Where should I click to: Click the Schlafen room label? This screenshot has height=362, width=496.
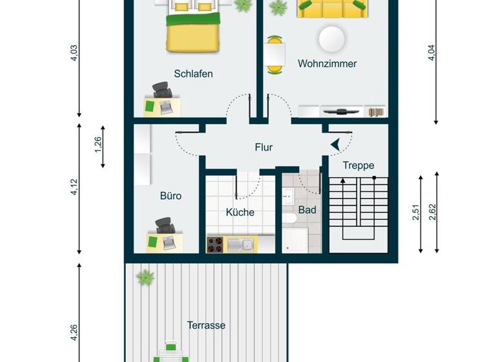pyautogui.click(x=193, y=74)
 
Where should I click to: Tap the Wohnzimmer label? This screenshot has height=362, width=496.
pyautogui.click(x=327, y=64)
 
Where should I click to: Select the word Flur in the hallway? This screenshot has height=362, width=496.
pyautogui.click(x=263, y=147)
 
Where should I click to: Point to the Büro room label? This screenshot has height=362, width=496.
pyautogui.click(x=170, y=195)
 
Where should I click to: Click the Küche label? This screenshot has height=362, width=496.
pyautogui.click(x=240, y=212)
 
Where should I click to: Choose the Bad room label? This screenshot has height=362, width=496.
pyautogui.click(x=307, y=210)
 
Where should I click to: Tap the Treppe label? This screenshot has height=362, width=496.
pyautogui.click(x=358, y=165)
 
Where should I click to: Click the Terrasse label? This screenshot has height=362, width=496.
pyautogui.click(x=206, y=325)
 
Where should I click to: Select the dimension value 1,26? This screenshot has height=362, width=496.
pyautogui.click(x=98, y=147)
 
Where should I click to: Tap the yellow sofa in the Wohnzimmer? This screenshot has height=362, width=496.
pyautogui.click(x=331, y=8)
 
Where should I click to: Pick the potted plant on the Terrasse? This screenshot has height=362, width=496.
pyautogui.click(x=145, y=278)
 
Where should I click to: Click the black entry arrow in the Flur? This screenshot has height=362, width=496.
pyautogui.click(x=336, y=147)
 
